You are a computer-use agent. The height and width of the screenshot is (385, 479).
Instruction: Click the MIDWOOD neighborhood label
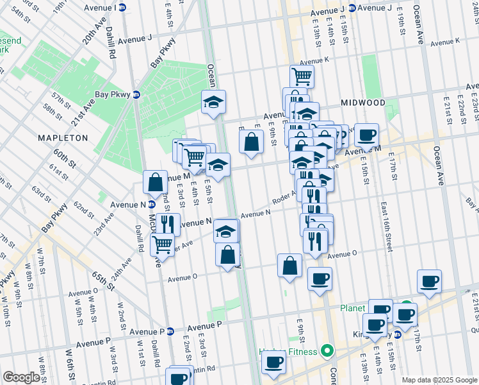362,103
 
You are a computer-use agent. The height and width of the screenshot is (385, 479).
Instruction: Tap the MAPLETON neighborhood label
62,138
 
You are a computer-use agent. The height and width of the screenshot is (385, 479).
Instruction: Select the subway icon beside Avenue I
123,8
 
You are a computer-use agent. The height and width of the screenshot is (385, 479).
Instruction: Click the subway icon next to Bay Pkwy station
136,94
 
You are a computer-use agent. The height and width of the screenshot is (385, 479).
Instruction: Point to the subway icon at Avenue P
170,332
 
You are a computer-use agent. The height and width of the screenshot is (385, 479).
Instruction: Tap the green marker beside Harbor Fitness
327,351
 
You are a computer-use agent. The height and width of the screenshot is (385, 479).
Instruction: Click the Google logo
21,377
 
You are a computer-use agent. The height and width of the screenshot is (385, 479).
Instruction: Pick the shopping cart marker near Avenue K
302,76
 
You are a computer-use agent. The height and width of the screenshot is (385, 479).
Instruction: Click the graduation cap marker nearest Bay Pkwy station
213,101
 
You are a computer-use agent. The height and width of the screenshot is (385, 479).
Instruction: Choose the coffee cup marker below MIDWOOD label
366,135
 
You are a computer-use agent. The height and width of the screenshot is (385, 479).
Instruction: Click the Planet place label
352,307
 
